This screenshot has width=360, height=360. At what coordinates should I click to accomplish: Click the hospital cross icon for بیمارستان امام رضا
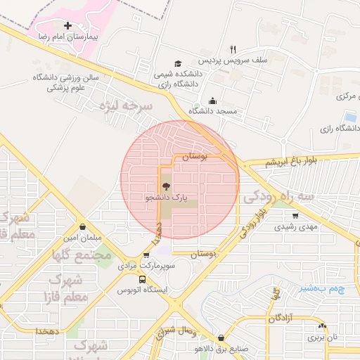pyautogui.click(x=67, y=26)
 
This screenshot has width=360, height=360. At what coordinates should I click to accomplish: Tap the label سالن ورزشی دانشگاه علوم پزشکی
pyautogui.click(x=67, y=83)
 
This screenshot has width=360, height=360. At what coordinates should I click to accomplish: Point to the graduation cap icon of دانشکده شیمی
pyautogui.click(x=178, y=64)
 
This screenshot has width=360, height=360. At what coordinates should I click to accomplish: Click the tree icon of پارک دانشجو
pyautogui.click(x=166, y=187)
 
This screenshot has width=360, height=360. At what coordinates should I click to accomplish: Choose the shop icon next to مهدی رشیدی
pyautogui.click(x=295, y=216)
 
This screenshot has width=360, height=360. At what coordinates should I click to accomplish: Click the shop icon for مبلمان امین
pyautogui.click(x=84, y=227)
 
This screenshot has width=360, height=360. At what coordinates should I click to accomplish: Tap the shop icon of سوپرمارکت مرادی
pyautogui.click(x=146, y=256)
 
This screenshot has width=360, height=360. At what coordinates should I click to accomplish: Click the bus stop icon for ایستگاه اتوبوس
pyautogui.click(x=143, y=279)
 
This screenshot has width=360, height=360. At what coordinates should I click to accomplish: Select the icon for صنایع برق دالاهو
pyautogui.click(x=221, y=337)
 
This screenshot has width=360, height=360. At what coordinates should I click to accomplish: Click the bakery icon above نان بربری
pyautogui.click(x=322, y=326)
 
